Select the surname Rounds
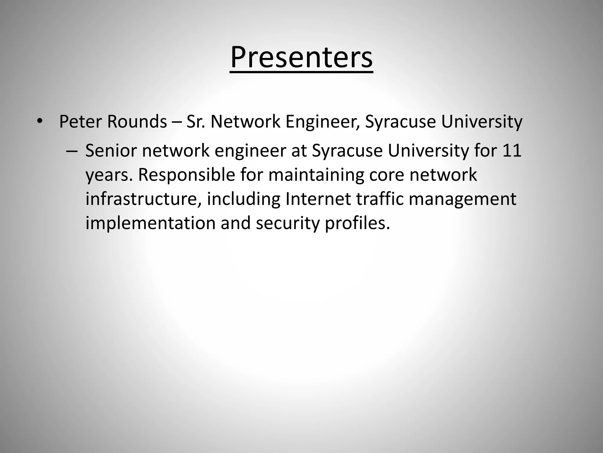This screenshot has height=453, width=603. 137,121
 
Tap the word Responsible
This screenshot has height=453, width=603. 187,175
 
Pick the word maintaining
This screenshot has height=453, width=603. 316,175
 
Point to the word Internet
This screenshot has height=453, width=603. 318,199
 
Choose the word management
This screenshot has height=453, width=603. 462,199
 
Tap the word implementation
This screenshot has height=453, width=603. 150,223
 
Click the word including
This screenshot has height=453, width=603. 243,199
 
